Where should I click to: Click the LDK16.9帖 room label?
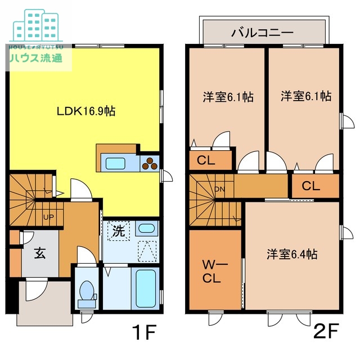tap(85, 111)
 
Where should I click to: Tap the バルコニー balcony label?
tap(262, 33)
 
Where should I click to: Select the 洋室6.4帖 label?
tap(292, 254)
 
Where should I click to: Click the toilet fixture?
tap(87, 291)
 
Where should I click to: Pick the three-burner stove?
tap(151, 164)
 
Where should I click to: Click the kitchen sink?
tap(116, 164)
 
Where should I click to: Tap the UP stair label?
tap(48, 216)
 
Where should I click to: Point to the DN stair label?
tap(219, 189)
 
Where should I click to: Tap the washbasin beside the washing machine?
tap(146, 229)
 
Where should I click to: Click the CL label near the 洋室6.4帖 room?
tap(311, 186)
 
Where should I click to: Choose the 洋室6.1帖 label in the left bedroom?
tap(228, 97)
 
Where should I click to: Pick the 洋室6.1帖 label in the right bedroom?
tap(305, 97)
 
